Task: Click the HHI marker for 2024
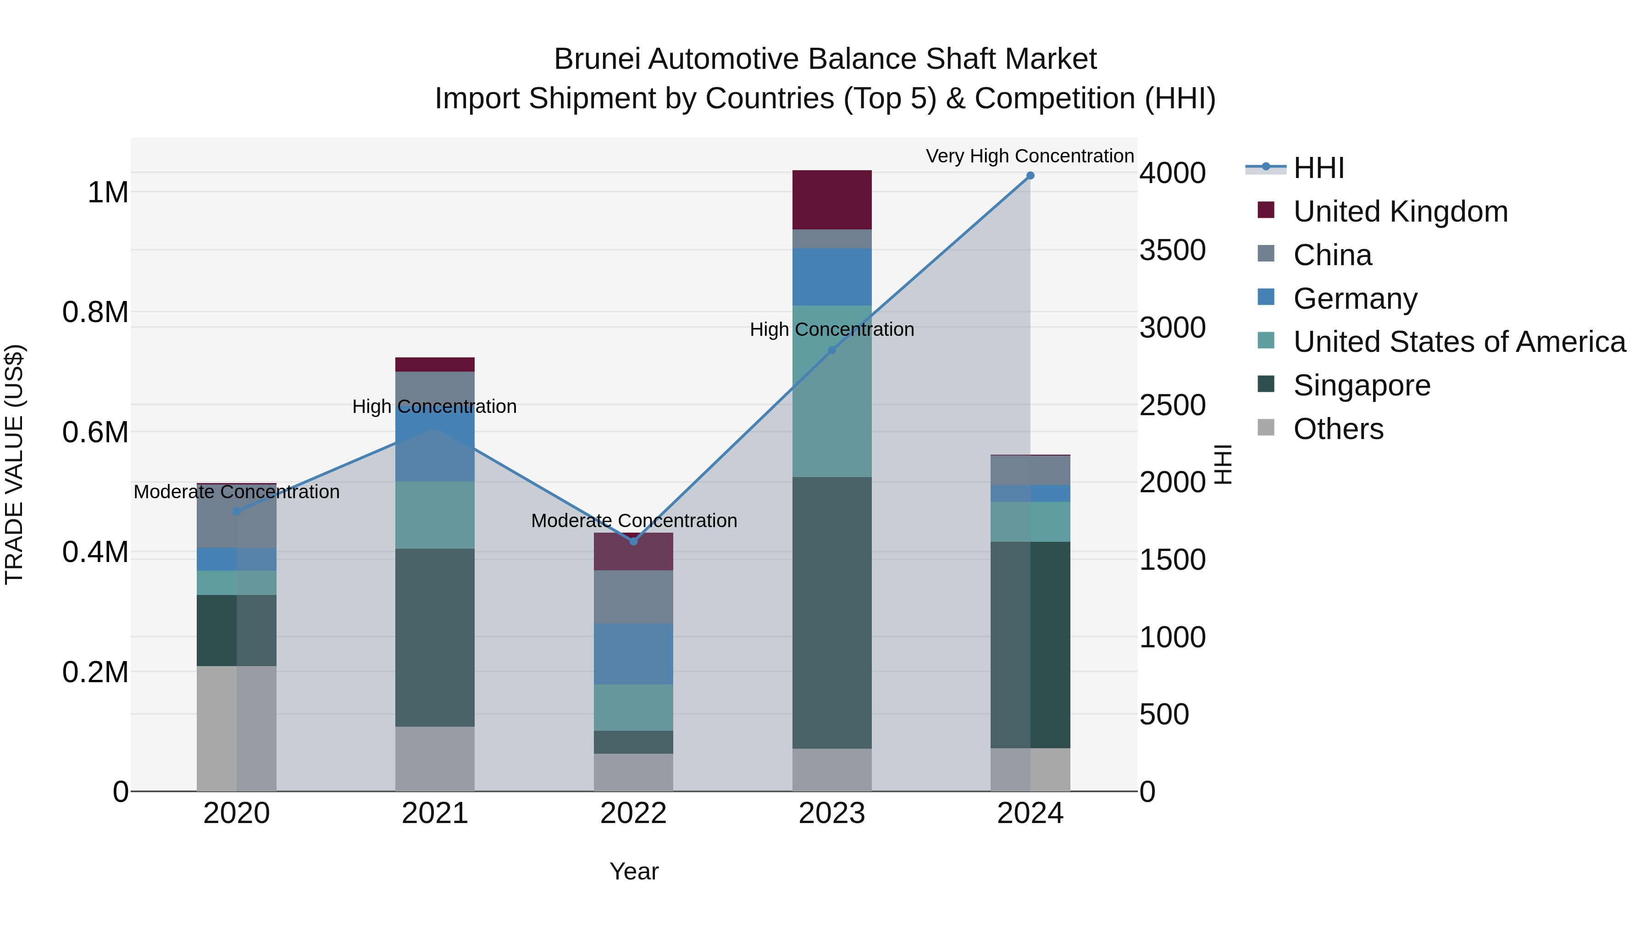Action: [x=1030, y=176]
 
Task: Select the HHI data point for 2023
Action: [x=832, y=350]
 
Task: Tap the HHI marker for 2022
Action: [x=633, y=542]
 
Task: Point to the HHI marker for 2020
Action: [x=237, y=512]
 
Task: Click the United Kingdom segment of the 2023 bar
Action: [x=832, y=200]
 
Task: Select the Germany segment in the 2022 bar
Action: [x=633, y=654]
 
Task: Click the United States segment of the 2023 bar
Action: [x=832, y=391]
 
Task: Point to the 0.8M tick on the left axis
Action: [x=95, y=312]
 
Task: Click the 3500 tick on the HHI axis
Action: [x=1172, y=250]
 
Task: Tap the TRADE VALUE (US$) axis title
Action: [x=15, y=464]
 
